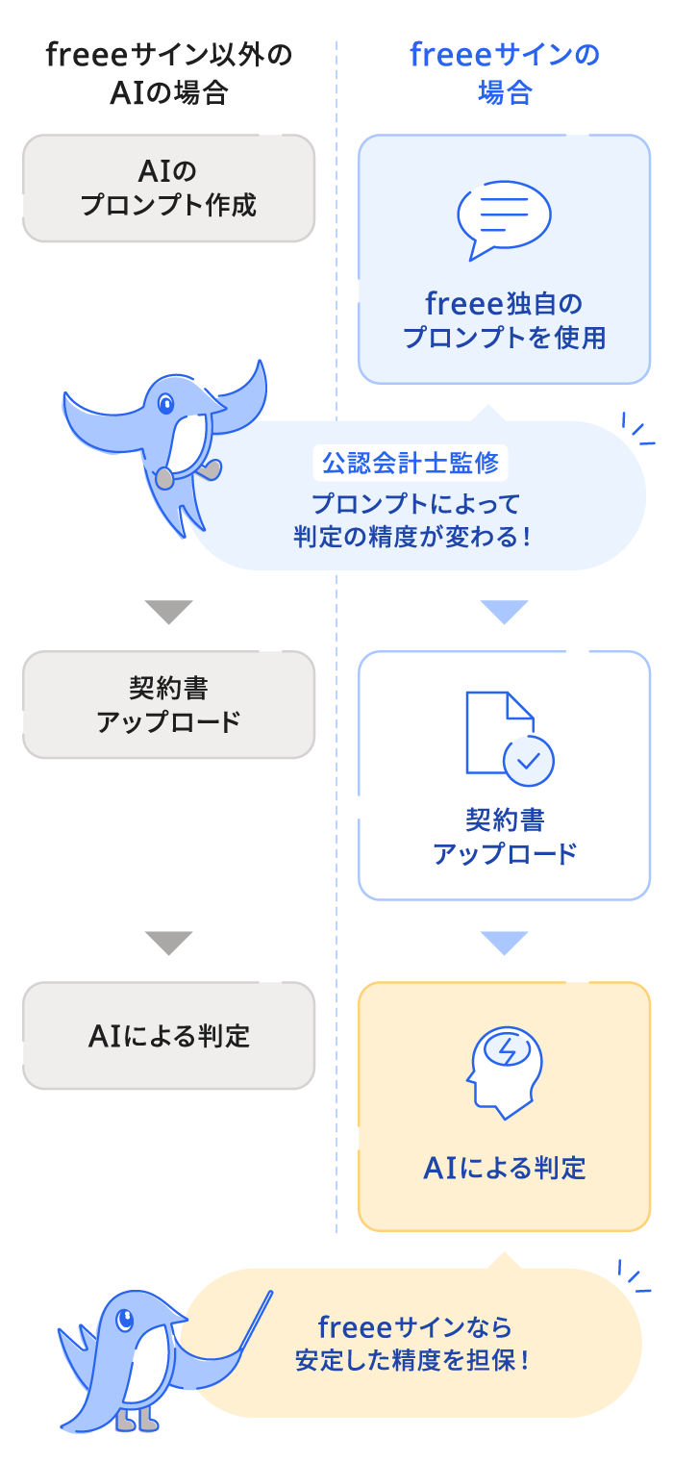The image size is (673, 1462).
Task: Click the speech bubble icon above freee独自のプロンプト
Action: tap(504, 220)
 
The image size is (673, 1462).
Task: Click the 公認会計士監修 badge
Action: tap(411, 464)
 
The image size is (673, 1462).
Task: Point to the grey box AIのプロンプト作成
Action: tap(168, 189)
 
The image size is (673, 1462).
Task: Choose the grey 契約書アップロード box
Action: tap(168, 705)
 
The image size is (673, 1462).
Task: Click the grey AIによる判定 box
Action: tap(168, 1035)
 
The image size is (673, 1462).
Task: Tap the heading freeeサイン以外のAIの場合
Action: tap(168, 73)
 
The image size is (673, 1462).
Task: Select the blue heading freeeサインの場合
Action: tap(505, 73)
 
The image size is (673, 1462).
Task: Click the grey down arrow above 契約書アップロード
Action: tap(168, 612)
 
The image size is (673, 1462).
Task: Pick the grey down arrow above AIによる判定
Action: tap(168, 943)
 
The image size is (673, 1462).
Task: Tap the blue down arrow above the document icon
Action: tap(505, 612)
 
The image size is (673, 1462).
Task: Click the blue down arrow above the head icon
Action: tap(505, 943)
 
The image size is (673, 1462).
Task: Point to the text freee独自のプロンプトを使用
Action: tap(505, 321)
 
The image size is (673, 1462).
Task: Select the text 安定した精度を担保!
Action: tap(414, 1360)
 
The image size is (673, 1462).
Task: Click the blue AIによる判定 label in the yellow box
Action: tap(505, 1168)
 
